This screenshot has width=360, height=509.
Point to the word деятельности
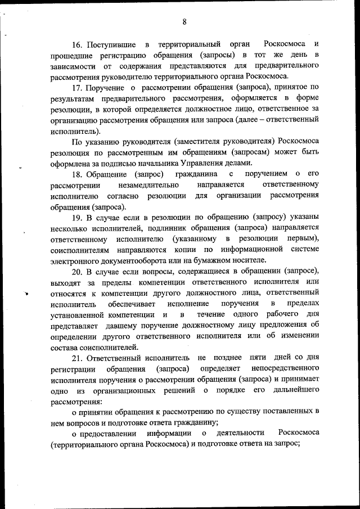point(237,434)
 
